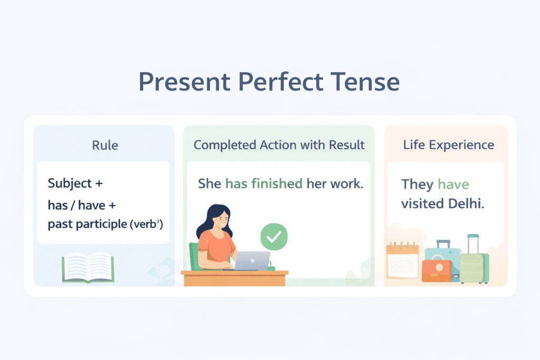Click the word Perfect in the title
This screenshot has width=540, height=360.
(281, 82)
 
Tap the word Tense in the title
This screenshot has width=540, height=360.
(365, 82)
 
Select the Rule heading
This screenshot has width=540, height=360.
(105, 145)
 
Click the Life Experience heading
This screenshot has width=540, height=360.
(448, 145)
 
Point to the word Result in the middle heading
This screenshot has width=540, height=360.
(346, 145)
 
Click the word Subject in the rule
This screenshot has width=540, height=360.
(70, 183)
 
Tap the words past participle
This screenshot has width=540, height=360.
(88, 224)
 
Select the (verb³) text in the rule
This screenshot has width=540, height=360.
(146, 224)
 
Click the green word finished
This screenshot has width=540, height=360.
(277, 183)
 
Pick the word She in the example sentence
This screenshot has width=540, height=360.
(209, 183)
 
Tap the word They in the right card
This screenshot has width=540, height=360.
(418, 184)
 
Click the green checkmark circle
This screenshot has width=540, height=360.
(274, 237)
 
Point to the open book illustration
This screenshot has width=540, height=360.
(88, 268)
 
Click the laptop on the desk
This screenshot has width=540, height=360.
(252, 261)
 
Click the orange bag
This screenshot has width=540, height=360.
(437, 270)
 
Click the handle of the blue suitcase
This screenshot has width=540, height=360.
(443, 244)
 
